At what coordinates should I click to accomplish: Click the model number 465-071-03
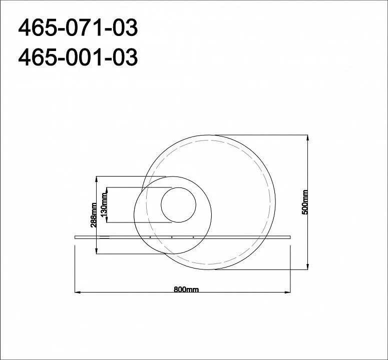[x=78, y=28]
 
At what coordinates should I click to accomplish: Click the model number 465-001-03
[x=78, y=57]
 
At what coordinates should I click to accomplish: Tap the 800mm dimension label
[x=186, y=289]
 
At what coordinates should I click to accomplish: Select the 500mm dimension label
[x=305, y=202]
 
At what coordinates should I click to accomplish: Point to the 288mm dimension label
[x=94, y=215]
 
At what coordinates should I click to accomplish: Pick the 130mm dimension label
[x=104, y=205]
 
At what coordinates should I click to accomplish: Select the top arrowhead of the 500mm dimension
[x=307, y=138]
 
